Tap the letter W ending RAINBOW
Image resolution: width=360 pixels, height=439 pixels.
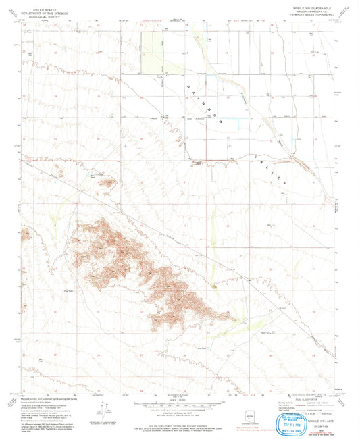click(216, 124)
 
